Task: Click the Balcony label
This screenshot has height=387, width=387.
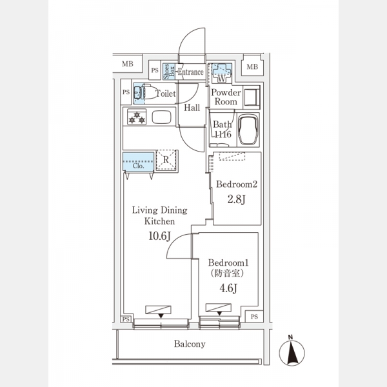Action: pyautogui.click(x=190, y=344)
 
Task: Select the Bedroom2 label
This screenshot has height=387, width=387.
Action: pyautogui.click(x=237, y=184)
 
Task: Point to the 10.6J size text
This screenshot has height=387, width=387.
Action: pyautogui.click(x=159, y=236)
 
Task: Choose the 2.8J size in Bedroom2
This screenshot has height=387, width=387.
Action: pyautogui.click(x=237, y=200)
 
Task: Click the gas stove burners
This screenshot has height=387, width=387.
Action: pyautogui.click(x=137, y=117)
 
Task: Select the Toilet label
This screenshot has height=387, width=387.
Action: pyautogui.click(x=166, y=94)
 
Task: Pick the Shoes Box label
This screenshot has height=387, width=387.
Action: pyautogui.click(x=166, y=71)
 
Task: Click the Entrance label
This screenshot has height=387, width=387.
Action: pyautogui.click(x=190, y=72)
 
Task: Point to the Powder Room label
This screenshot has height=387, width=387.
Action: pyautogui.click(x=226, y=97)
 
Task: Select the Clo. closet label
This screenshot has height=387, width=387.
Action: pyautogui.click(x=137, y=165)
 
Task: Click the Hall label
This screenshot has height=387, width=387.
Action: pyautogui.click(x=192, y=108)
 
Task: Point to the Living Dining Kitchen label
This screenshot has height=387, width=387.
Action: pyautogui.click(x=159, y=215)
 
